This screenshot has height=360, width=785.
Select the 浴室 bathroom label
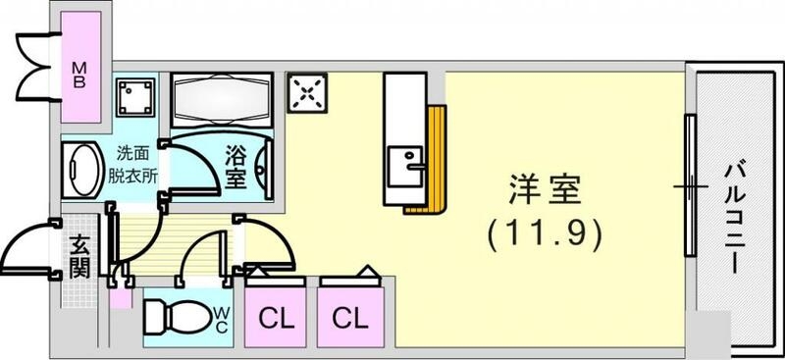click(x=235, y=166)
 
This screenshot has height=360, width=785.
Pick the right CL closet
click(x=348, y=318)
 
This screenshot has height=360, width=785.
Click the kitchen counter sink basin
click(x=404, y=163)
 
